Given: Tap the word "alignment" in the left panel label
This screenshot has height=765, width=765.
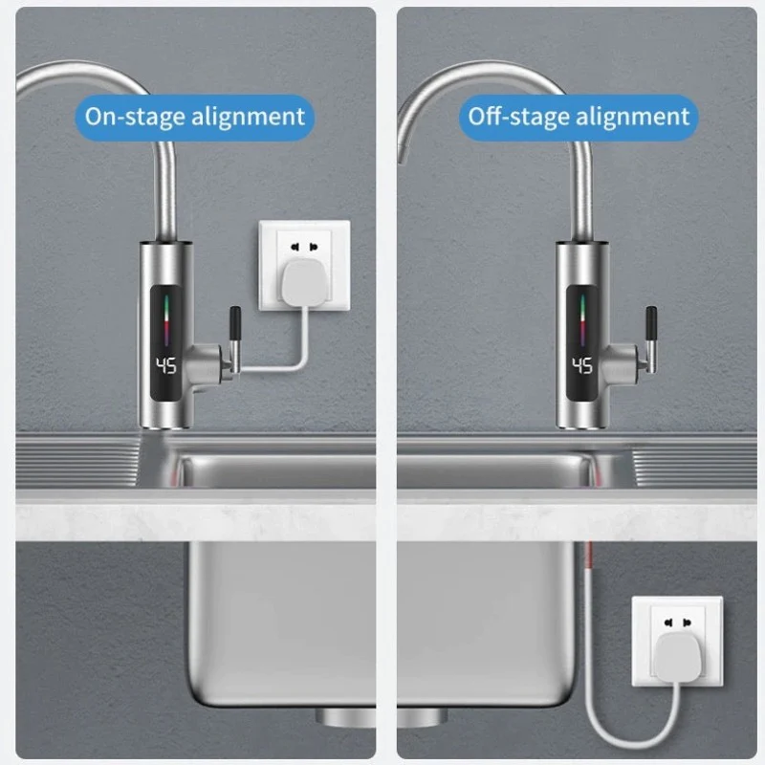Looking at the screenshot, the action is click(x=248, y=117).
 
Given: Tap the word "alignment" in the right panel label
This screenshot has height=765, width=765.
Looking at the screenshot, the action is click(x=633, y=117).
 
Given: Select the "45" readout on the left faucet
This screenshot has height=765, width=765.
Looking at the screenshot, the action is click(x=165, y=365).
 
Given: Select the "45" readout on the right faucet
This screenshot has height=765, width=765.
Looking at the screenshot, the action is click(x=582, y=365).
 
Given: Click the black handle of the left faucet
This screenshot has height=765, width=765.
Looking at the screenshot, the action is click(x=234, y=325).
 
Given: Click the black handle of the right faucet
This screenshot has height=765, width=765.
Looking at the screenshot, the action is click(x=651, y=325).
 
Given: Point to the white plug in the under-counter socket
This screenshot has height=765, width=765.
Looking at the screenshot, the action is click(x=675, y=657).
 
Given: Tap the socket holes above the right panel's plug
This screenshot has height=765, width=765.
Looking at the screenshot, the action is click(x=678, y=623).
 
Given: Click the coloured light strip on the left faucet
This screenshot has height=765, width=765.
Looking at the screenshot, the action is click(x=166, y=319).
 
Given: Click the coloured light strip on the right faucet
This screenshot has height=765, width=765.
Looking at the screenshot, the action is click(x=582, y=319).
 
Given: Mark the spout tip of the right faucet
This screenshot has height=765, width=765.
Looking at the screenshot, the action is click(x=402, y=155).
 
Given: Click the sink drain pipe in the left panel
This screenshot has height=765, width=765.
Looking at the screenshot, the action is click(x=345, y=717).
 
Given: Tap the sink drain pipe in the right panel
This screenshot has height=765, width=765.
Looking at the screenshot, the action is click(x=423, y=717).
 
